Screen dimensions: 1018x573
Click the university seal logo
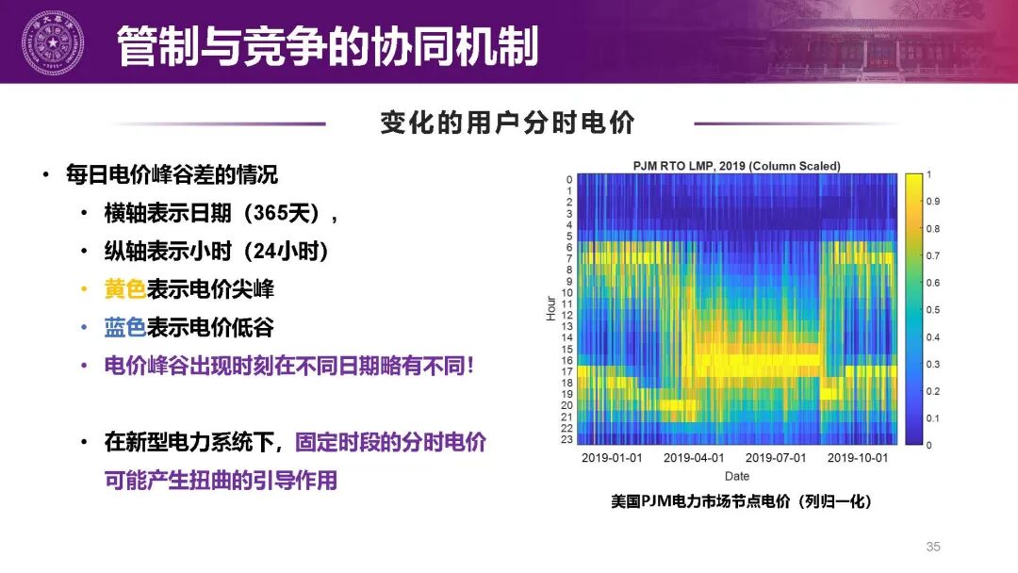53,42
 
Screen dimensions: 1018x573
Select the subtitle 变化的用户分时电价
508,122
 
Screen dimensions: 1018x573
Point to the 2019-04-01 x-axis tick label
694,457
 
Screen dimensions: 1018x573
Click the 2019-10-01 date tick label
857,457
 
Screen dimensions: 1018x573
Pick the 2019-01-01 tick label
612,457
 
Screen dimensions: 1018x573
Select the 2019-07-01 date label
775,457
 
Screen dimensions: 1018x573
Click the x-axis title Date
737,476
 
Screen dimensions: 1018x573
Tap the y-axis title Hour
551,308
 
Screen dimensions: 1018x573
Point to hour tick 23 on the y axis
566,439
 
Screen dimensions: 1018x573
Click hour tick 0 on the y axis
569,180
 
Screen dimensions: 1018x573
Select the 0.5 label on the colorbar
932,309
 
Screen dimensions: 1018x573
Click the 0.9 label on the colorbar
932,201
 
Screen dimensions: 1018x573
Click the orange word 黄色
125,288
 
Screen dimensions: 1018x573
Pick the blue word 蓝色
125,327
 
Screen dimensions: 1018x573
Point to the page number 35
933,547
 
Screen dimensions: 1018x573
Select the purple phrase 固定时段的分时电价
390,442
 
